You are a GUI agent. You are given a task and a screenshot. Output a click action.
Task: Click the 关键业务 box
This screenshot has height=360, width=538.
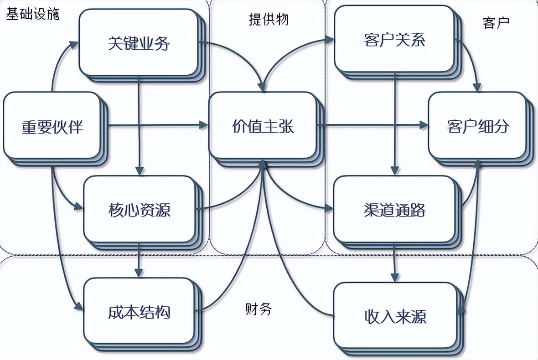click(139, 43)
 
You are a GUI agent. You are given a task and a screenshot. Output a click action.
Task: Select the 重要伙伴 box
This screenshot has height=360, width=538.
click(52, 126)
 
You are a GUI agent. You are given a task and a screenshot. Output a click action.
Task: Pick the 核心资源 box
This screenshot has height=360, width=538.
click(140, 210)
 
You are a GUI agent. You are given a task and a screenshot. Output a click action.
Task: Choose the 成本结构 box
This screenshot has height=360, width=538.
click(139, 312)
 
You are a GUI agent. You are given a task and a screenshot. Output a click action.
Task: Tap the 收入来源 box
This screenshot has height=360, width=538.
click(395, 316)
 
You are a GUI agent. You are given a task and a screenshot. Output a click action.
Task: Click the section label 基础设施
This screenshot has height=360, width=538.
click(32, 14)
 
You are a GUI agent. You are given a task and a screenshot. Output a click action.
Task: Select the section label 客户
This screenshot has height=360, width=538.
click(496, 22)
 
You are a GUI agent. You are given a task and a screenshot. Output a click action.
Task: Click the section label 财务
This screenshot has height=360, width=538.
click(258, 309)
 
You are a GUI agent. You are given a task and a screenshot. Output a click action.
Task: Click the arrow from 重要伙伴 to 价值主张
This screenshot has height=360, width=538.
click(155, 124)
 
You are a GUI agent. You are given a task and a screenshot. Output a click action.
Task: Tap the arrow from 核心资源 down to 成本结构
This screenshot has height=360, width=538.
click(139, 261)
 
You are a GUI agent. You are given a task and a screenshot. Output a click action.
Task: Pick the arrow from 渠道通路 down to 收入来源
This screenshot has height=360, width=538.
click(395, 262)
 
